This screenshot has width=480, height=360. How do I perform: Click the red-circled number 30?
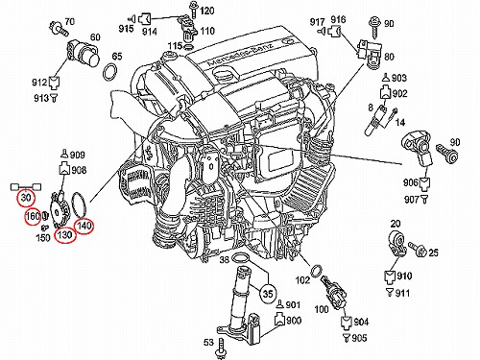26,198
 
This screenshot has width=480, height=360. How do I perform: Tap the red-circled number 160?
33,217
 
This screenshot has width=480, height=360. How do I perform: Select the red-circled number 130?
64,235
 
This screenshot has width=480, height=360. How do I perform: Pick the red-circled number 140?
84,226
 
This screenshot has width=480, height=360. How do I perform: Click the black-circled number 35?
268,293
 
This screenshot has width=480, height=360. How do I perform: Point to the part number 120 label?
207,11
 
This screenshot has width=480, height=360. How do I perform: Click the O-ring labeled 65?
109,72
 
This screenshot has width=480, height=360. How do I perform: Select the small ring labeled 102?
317,271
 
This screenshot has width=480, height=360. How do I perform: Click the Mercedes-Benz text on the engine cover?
241,55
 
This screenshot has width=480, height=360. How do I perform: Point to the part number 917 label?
317,22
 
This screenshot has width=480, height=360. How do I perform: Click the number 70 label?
69,21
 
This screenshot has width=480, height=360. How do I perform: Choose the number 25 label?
433,252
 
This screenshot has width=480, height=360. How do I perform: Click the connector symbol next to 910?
390,277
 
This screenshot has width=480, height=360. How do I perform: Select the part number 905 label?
359,338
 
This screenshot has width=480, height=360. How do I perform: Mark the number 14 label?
400,122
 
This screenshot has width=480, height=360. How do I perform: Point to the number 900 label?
294,320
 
